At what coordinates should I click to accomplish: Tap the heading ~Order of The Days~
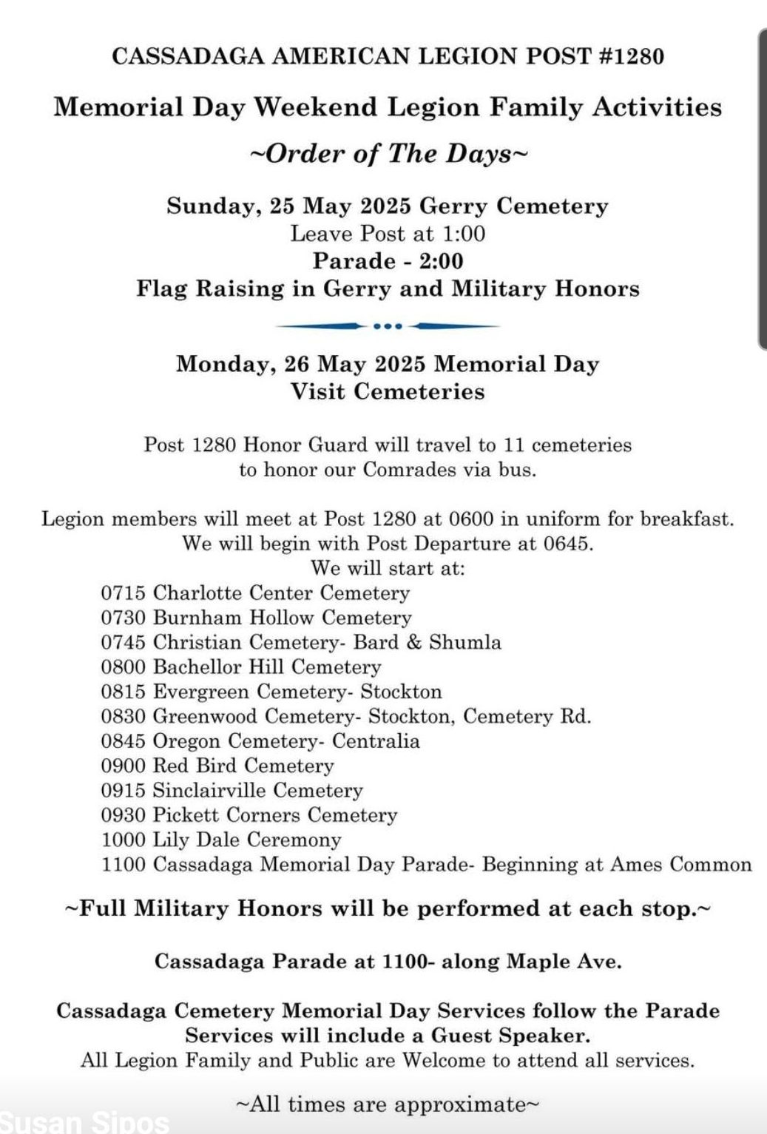388,154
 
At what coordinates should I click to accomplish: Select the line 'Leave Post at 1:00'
388,234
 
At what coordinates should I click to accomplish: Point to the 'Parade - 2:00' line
388,261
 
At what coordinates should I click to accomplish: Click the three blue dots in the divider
388,325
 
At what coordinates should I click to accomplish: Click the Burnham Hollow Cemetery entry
282,618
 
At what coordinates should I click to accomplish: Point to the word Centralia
376,741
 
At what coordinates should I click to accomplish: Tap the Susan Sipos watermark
85,1122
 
